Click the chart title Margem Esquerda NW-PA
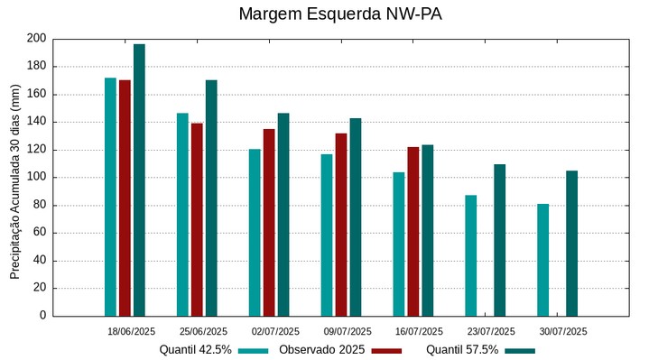[340, 14]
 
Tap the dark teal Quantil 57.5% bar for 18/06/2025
[139, 180]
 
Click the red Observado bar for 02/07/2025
[269, 222]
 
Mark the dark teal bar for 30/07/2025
[572, 243]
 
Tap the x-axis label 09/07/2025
[348, 331]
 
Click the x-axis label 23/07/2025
[492, 331]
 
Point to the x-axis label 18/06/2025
[132, 331]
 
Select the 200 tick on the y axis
[36, 39]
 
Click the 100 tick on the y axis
[36, 178]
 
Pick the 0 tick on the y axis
[42, 316]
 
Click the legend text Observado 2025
[321, 349]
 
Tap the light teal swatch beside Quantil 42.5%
[254, 350]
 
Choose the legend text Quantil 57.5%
[462, 349]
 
